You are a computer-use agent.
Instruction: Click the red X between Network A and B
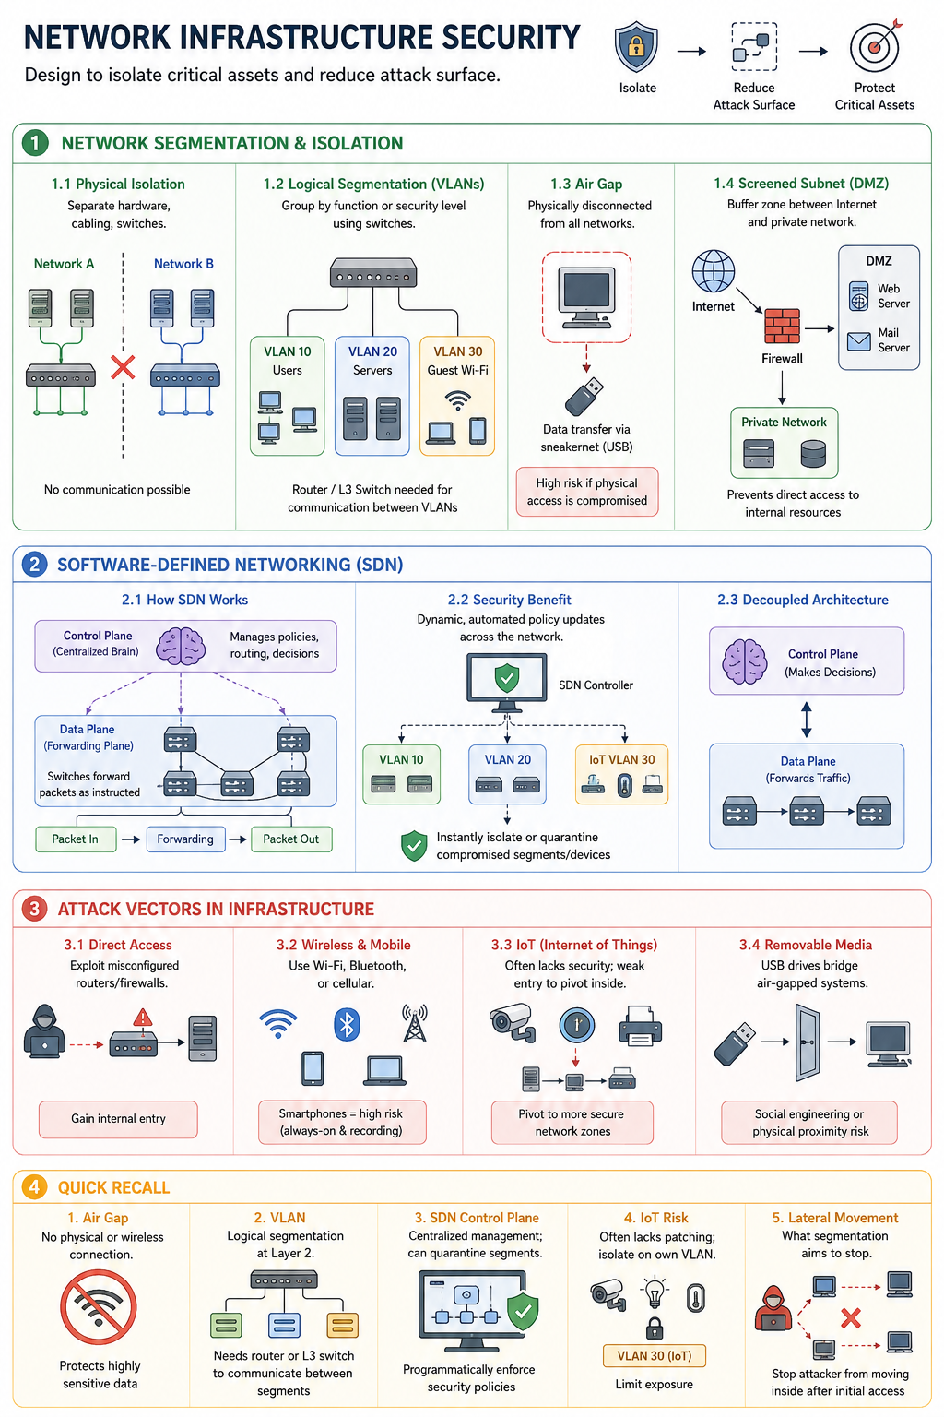[123, 367]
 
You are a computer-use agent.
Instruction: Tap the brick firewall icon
[782, 326]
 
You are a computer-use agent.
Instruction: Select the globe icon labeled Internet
[714, 270]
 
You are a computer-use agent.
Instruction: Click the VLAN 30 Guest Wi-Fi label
[458, 361]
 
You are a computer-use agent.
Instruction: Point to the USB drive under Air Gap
[584, 396]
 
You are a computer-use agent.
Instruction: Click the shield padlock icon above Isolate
[637, 47]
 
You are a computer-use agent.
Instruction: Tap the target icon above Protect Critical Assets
[876, 45]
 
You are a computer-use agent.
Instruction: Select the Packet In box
[76, 839]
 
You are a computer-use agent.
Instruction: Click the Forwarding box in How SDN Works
[185, 839]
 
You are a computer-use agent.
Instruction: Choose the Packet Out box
[290, 839]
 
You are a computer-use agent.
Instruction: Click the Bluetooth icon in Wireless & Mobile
[347, 1024]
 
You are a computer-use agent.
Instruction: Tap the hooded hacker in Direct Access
[44, 1031]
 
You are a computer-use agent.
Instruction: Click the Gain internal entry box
[118, 1118]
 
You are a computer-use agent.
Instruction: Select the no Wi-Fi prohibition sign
[99, 1307]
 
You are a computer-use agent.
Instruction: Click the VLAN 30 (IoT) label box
[655, 1355]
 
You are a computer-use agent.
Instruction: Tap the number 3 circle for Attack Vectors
[34, 909]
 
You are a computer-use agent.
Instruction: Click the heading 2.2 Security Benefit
[509, 600]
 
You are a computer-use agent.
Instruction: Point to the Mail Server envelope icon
[858, 341]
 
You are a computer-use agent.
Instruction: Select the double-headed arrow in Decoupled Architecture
[806, 720]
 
